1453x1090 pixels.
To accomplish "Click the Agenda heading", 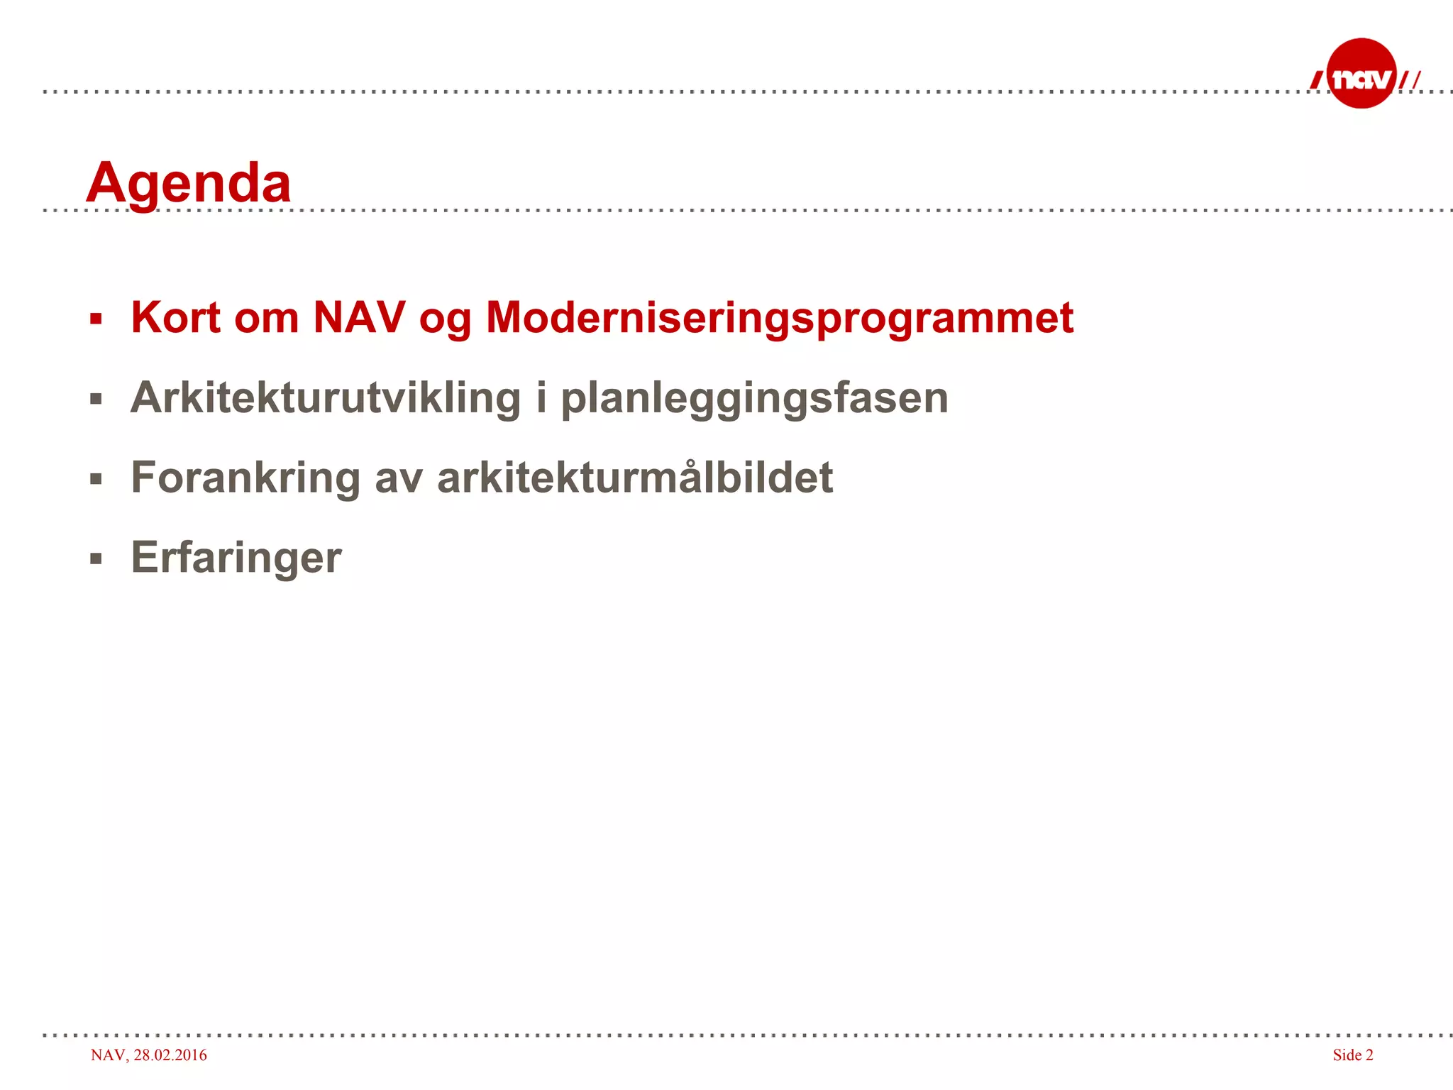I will coord(188,183).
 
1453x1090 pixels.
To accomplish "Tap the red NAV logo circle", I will coord(1361,74).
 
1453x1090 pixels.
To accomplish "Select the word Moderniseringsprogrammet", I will coord(779,319).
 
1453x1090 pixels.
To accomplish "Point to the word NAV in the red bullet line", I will coord(359,317).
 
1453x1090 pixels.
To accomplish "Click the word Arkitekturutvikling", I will coord(326,397).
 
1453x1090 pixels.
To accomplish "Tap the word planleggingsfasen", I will coord(754,399).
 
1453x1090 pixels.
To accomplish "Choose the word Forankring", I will coord(245,478).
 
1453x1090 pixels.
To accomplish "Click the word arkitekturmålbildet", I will coord(635,478).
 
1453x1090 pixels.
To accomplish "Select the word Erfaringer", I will coord(236,558).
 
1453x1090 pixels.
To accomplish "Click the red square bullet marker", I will coord(96,319).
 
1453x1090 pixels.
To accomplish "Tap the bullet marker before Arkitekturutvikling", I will coord(96,399).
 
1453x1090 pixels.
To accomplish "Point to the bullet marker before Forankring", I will coord(96,479).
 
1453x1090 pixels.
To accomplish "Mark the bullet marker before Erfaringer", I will coord(96,559).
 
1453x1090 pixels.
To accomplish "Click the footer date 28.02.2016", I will coord(170,1055).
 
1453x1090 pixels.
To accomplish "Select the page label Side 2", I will coord(1352,1055).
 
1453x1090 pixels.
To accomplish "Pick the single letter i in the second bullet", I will coord(541,397).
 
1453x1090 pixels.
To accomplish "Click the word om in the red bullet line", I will coord(266,319).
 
